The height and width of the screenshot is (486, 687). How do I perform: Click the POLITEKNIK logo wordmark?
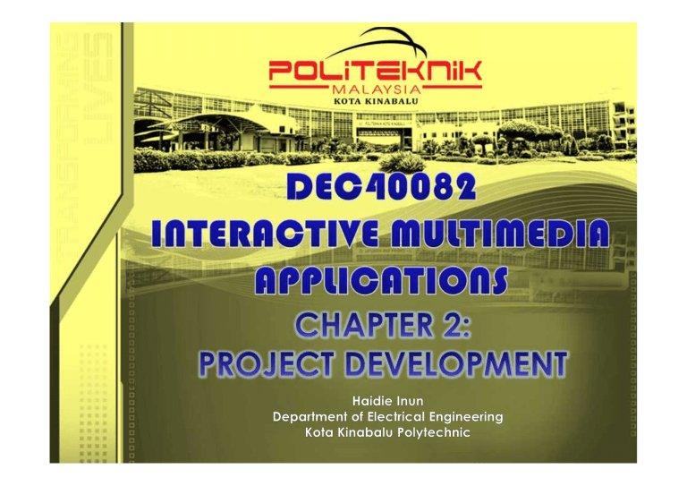pyautogui.click(x=375, y=69)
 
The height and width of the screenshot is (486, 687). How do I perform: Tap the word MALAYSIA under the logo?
pyautogui.click(x=376, y=90)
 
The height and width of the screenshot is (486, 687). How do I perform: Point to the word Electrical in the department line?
pyautogui.click(x=394, y=418)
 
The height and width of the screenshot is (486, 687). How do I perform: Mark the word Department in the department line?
pyautogui.click(x=310, y=418)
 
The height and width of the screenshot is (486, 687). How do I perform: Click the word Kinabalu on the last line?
pyautogui.click(x=365, y=433)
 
